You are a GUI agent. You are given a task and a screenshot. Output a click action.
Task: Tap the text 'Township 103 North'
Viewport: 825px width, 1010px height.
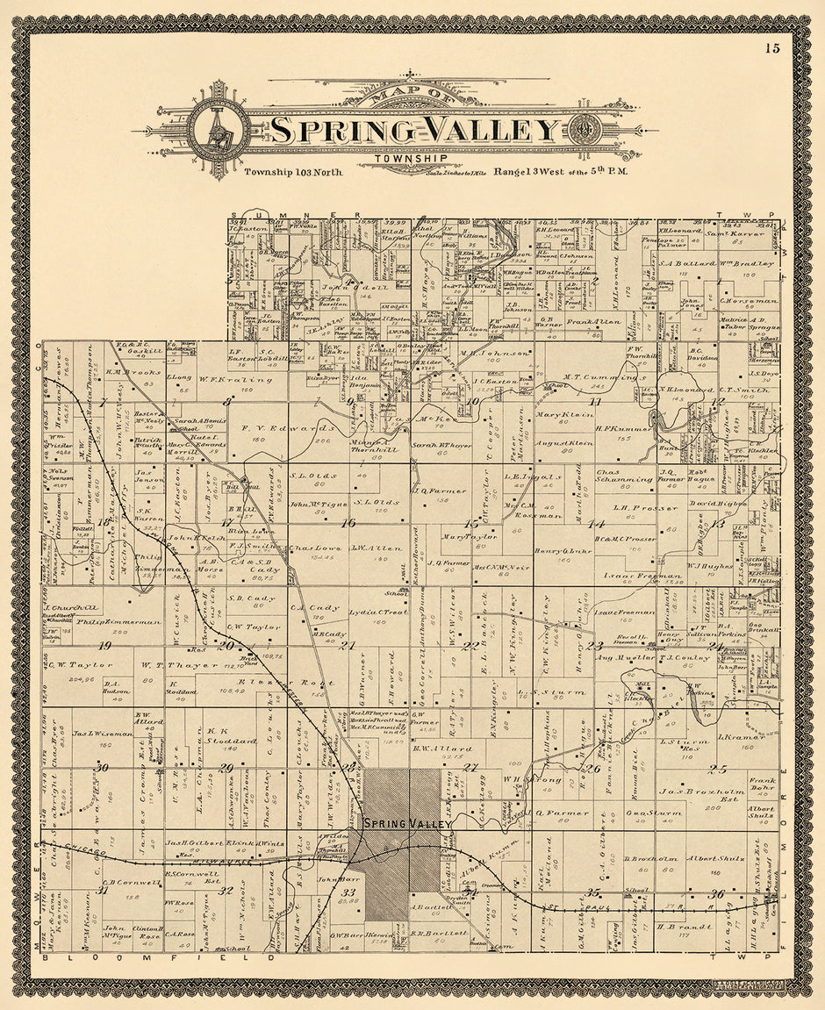293,172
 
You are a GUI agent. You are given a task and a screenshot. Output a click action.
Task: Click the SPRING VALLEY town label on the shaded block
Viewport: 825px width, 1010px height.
408,824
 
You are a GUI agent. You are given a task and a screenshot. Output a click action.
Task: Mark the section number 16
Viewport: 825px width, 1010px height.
348,522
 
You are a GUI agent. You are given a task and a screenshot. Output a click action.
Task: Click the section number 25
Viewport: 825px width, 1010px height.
719,769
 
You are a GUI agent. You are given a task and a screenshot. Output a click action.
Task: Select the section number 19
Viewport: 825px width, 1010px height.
105,646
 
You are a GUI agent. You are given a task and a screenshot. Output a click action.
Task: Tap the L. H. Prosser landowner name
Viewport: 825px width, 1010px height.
645,508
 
